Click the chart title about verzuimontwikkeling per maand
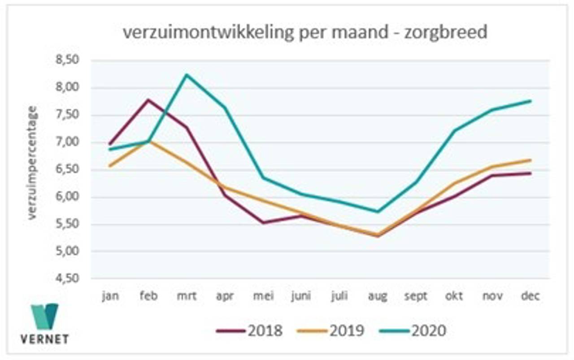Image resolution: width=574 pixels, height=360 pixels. (304, 33)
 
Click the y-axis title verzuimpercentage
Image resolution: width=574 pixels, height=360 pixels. (32, 163)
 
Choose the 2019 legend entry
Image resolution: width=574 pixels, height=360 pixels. (330, 330)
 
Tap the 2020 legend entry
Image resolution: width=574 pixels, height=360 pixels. (413, 330)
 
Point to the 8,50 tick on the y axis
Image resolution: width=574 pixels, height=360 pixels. (67, 61)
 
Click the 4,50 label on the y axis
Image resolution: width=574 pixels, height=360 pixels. (67, 279)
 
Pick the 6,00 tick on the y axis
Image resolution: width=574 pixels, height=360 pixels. (67, 197)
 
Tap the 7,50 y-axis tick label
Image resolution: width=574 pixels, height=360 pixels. (67, 115)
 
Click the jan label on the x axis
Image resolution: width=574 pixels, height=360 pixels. (110, 297)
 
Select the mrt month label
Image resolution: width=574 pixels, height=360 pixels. (187, 297)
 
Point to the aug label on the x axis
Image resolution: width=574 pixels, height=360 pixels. (378, 297)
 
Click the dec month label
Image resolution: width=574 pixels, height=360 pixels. (531, 297)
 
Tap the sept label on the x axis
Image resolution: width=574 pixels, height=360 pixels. (416, 297)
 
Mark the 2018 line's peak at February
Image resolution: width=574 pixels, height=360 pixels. (148, 100)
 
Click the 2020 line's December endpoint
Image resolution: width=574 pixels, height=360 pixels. (531, 101)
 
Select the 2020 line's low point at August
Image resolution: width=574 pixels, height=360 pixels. (378, 212)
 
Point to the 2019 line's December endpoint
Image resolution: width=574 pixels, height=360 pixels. (531, 160)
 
